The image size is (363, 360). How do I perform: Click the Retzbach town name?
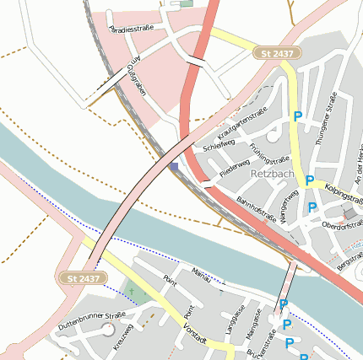point(272,174)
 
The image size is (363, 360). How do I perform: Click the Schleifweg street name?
point(219,145)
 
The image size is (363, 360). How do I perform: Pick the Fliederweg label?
point(234,167)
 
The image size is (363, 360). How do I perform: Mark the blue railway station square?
point(174,167)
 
